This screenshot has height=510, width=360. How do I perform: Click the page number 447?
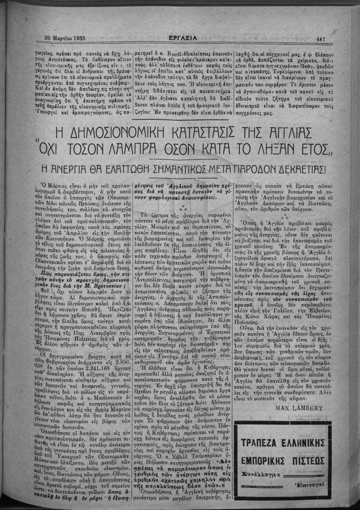pyautogui.click(x=321, y=40)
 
